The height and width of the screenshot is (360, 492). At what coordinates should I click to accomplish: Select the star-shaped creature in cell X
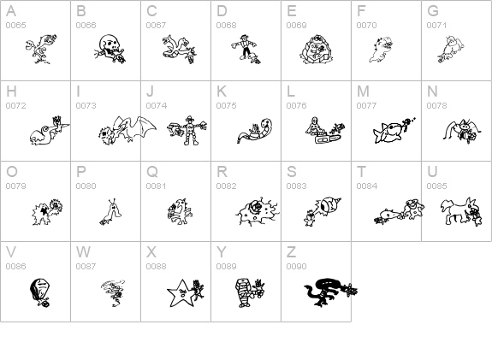(180, 293)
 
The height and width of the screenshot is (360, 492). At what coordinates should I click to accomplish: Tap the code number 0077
(366, 106)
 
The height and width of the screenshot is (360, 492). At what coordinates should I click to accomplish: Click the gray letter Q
(152, 172)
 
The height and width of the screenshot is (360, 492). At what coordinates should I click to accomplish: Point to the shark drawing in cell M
(388, 133)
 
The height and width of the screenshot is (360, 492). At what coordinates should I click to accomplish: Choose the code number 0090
(296, 266)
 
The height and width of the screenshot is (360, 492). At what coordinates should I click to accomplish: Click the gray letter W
(83, 251)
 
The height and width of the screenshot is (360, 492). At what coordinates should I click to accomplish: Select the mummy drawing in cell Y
(244, 293)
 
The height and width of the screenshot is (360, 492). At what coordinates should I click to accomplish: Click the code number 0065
(15, 25)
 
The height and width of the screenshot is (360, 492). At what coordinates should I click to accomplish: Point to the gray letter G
(433, 11)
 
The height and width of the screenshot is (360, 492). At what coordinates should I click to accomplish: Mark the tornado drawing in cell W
(113, 292)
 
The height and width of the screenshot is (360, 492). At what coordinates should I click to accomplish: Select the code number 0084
(366, 186)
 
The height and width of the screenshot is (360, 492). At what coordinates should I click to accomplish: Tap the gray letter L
(290, 91)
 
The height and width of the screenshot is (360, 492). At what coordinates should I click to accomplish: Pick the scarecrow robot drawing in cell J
(189, 130)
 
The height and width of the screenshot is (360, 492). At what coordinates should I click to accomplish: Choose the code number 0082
(226, 186)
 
